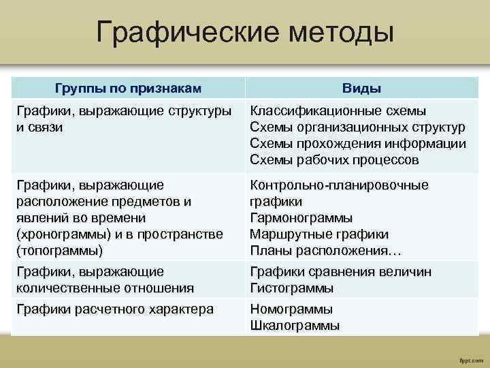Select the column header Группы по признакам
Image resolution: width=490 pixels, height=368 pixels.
pyautogui.click(x=128, y=89)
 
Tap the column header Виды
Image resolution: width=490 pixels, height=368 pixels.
pyautogui.click(x=361, y=89)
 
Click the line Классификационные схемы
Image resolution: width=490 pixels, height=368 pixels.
pyautogui.click(x=338, y=111)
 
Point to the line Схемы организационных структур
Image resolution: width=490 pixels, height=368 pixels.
pyautogui.click(x=357, y=127)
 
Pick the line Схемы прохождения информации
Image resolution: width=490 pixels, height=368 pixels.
pyautogui.click(x=358, y=144)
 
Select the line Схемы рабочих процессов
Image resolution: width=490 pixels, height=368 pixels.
pyautogui.click(x=334, y=160)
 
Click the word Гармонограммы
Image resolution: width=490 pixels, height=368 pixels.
pyautogui.click(x=301, y=218)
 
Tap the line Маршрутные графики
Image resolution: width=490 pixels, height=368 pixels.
pyautogui.click(x=319, y=234)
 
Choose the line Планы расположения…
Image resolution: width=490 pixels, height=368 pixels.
pyautogui.click(x=325, y=251)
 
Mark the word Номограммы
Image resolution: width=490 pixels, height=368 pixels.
pyautogui.click(x=291, y=309)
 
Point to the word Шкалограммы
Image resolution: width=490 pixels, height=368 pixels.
pyautogui.click(x=295, y=326)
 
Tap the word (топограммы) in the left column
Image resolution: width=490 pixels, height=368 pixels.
pyautogui.click(x=59, y=251)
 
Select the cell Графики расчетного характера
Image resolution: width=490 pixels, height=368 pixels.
pyautogui.click(x=114, y=309)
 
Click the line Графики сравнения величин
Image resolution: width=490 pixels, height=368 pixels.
pyautogui.click(x=340, y=272)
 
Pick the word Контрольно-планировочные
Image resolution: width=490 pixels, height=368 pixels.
pyautogui.click(x=339, y=185)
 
